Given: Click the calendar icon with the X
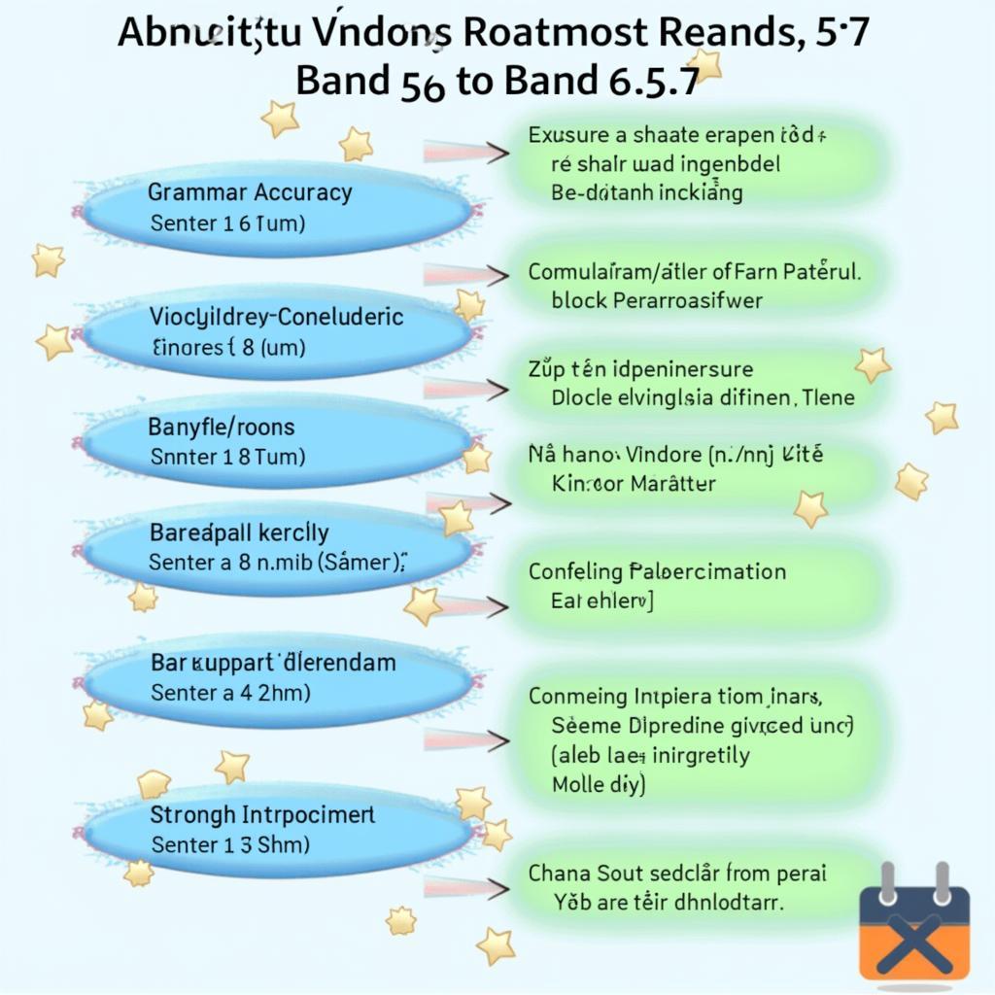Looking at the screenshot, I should pos(914,924).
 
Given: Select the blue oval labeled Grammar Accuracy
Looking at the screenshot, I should pos(277,208).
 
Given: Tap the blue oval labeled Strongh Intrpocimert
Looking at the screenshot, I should pos(277,829).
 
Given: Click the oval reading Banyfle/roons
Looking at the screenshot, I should pos(277,440).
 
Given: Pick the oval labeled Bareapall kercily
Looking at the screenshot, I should pos(277,547).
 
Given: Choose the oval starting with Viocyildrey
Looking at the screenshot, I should pos(277,330).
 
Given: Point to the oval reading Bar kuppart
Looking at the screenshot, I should pos(277,677).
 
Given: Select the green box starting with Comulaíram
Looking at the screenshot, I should pos(694,286).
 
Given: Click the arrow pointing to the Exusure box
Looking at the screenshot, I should pos(466,152).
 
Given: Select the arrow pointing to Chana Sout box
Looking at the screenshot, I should pos(466,887).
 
